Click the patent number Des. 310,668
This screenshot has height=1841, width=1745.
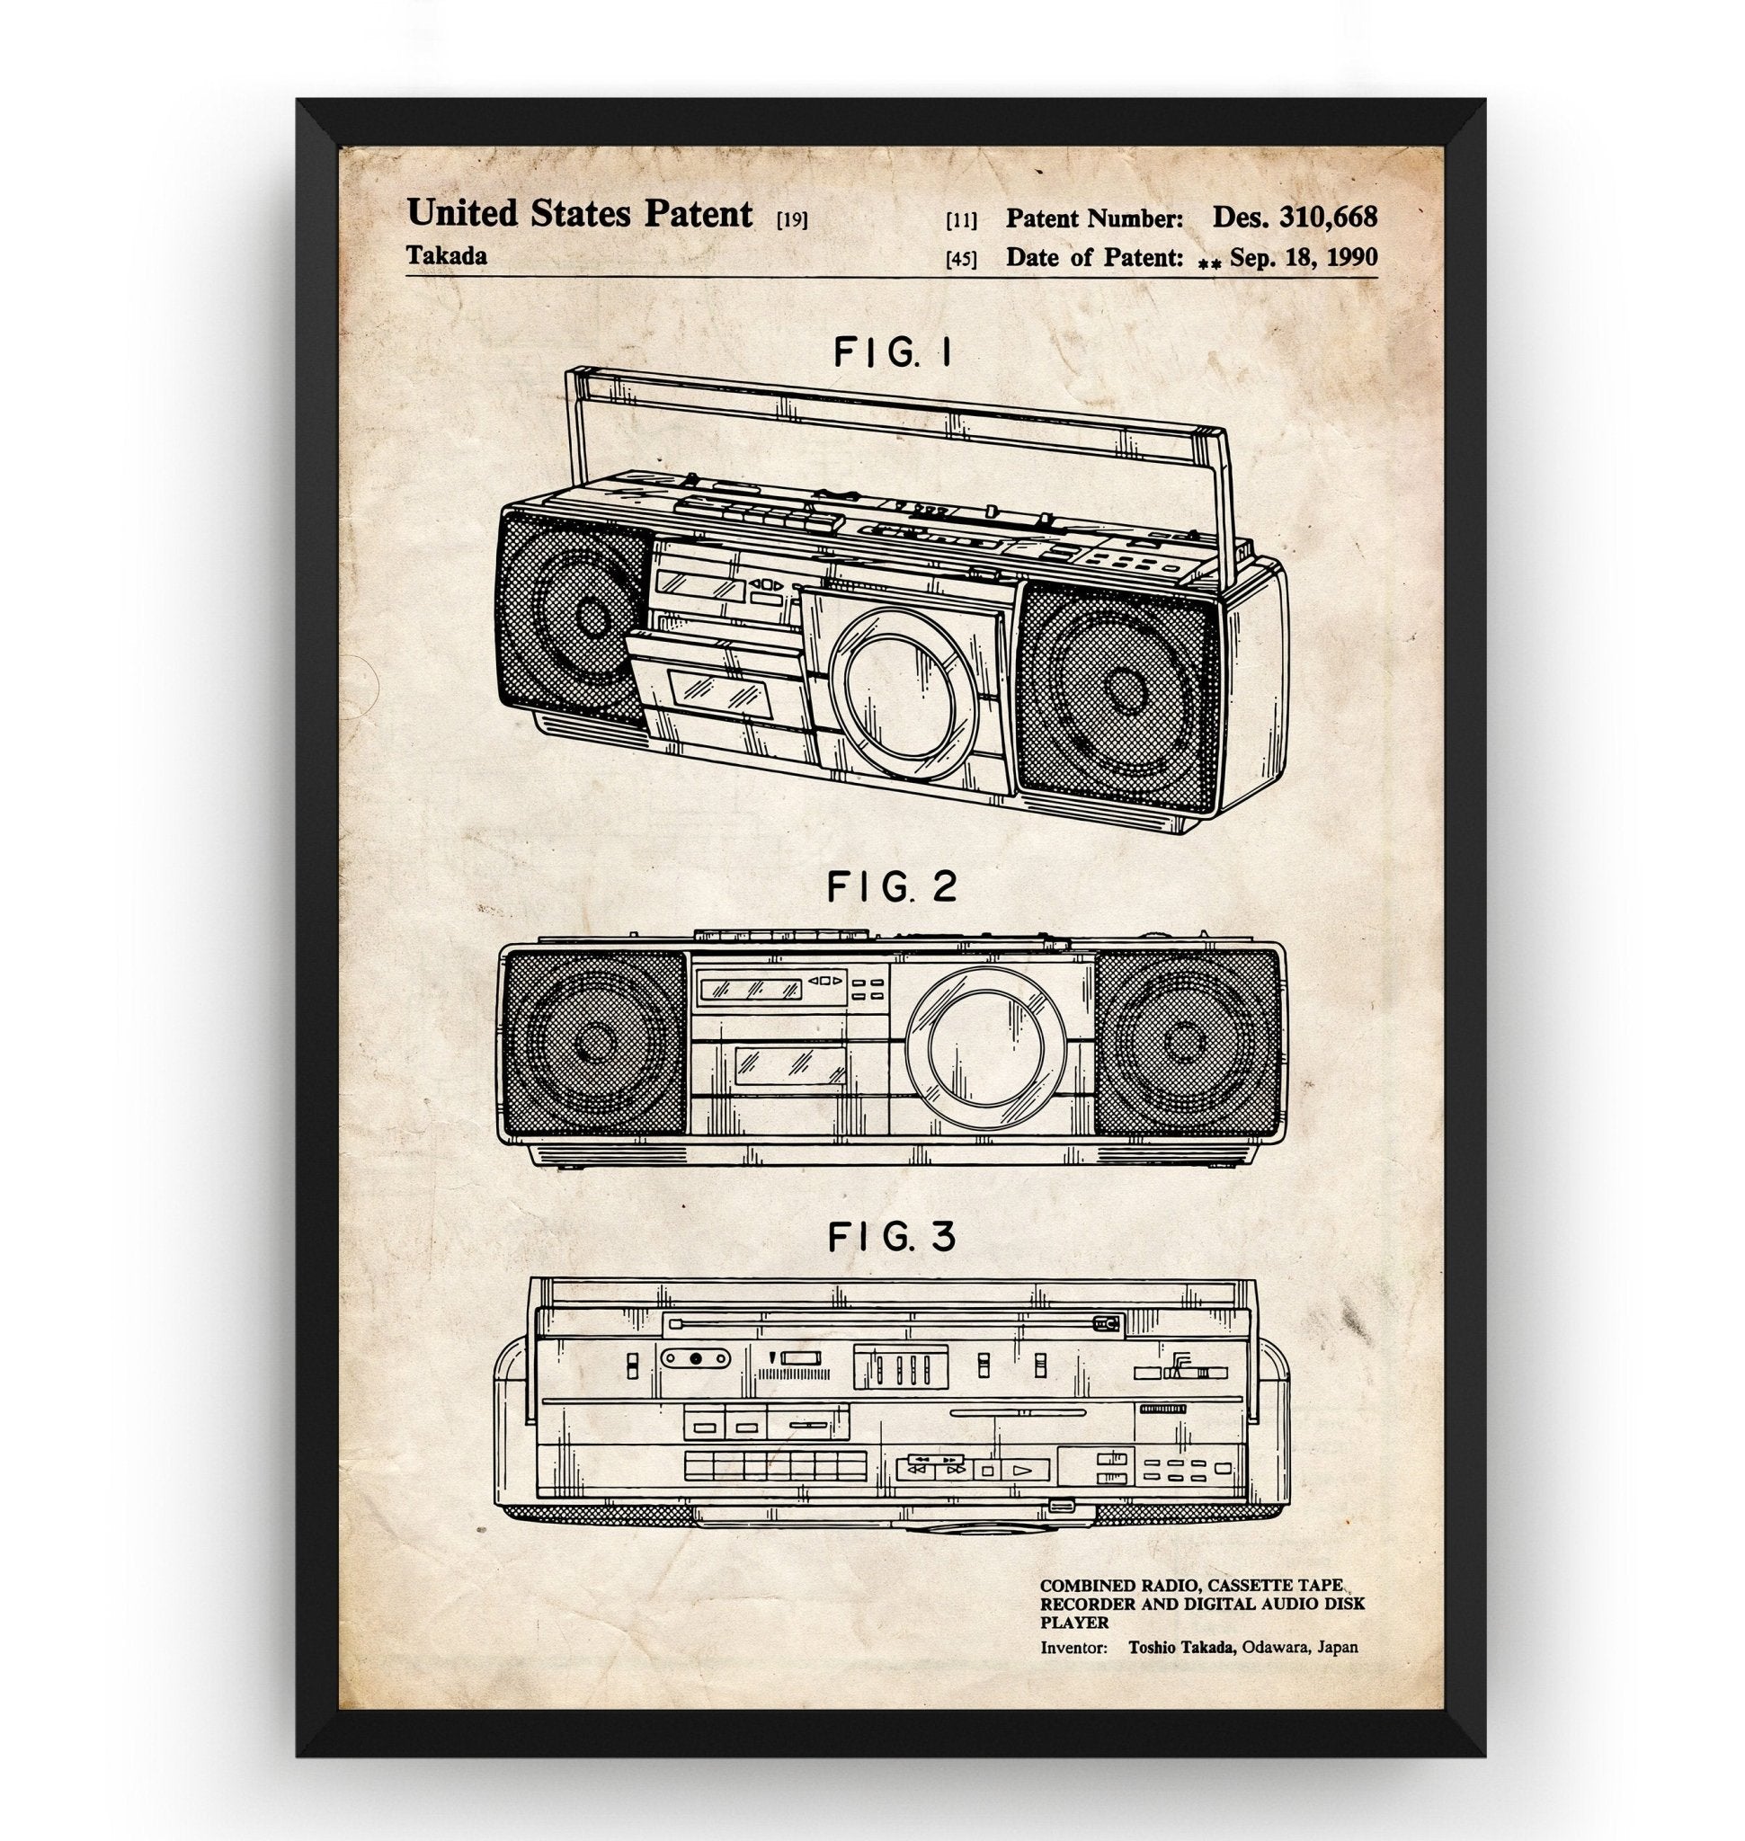(x=1294, y=218)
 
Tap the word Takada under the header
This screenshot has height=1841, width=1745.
(x=447, y=257)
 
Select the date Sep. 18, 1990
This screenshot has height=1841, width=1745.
(x=1304, y=258)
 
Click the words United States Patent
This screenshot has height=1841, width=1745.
(x=580, y=215)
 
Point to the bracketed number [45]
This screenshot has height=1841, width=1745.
(x=961, y=260)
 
